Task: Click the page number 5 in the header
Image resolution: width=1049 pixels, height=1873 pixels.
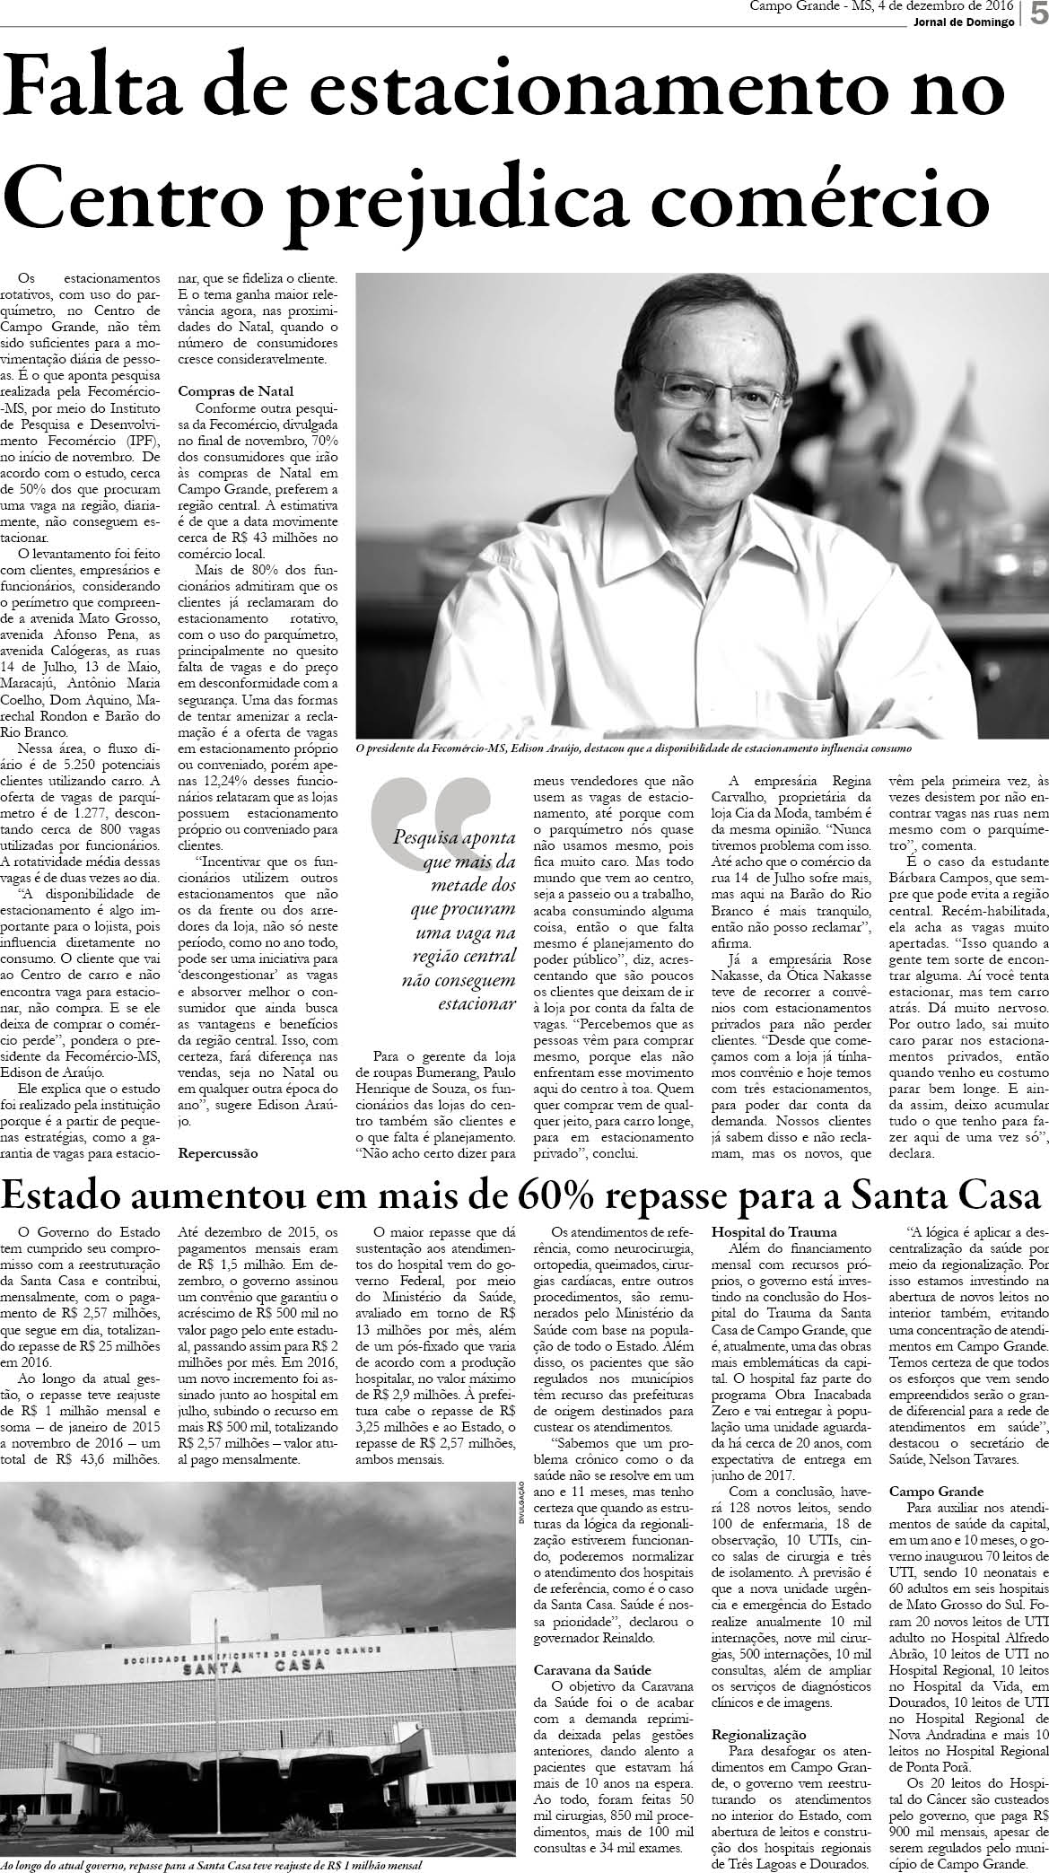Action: pyautogui.click(x=1036, y=16)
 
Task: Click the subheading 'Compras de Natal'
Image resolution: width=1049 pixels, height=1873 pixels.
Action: pyautogui.click(x=235, y=390)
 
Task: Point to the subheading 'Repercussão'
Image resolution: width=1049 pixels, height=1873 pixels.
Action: pyautogui.click(x=217, y=1151)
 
